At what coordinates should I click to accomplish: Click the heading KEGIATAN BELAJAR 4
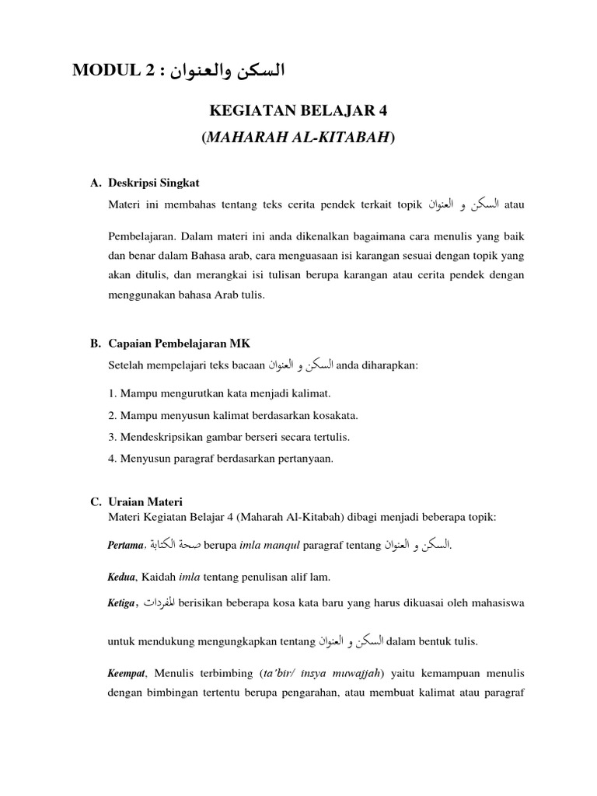pos(298,111)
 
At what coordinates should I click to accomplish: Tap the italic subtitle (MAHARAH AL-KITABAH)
pos(298,138)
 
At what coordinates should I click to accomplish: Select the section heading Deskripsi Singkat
pos(154,183)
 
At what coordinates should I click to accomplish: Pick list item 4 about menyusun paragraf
pos(221,459)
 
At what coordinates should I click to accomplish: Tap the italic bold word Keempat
pos(126,671)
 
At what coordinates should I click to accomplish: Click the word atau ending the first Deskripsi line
pos(515,205)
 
